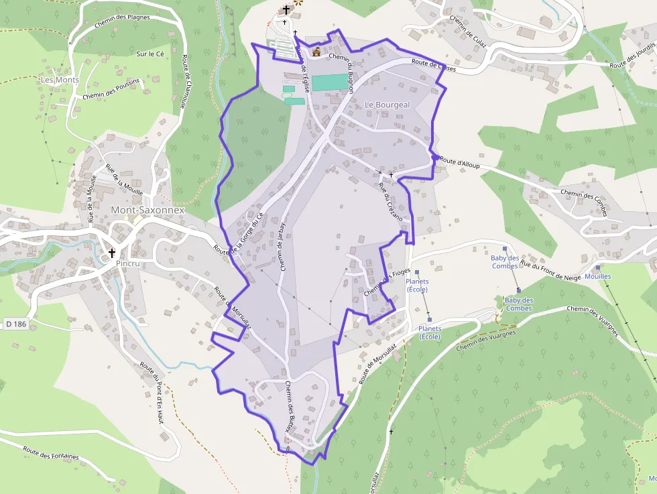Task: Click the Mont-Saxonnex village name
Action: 147,210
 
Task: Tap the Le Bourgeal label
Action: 387,105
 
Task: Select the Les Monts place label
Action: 60,80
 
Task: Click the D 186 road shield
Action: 17,324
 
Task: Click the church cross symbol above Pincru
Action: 112,253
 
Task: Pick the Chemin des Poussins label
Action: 111,88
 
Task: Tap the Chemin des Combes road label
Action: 583,203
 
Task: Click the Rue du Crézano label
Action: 390,202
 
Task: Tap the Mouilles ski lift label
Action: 598,276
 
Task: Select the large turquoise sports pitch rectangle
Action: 330,82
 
